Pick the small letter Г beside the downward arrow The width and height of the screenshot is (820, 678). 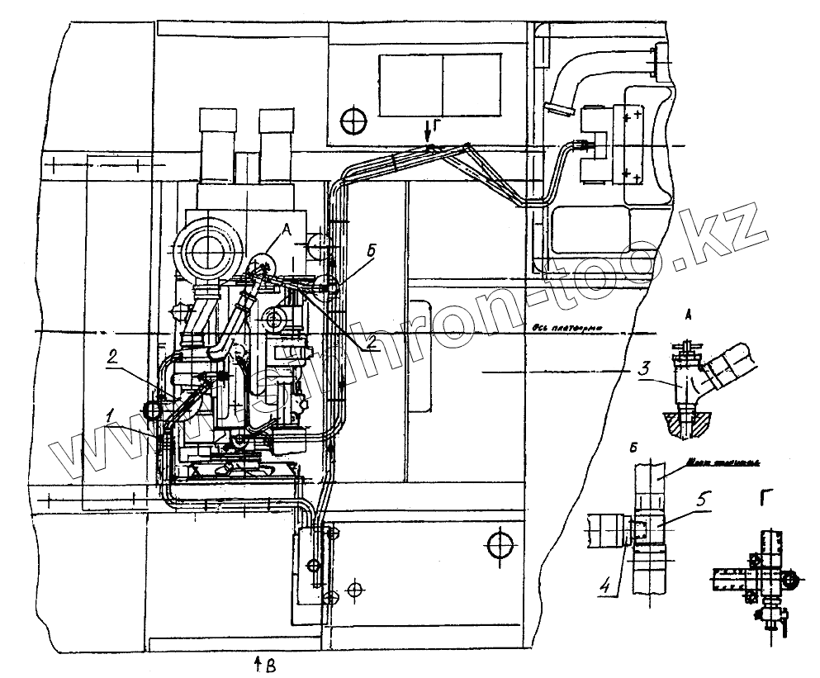click(438, 125)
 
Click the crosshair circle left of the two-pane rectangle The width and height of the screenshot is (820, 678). click(354, 120)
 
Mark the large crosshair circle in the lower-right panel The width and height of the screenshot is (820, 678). click(500, 545)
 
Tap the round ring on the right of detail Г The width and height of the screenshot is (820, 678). click(792, 581)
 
